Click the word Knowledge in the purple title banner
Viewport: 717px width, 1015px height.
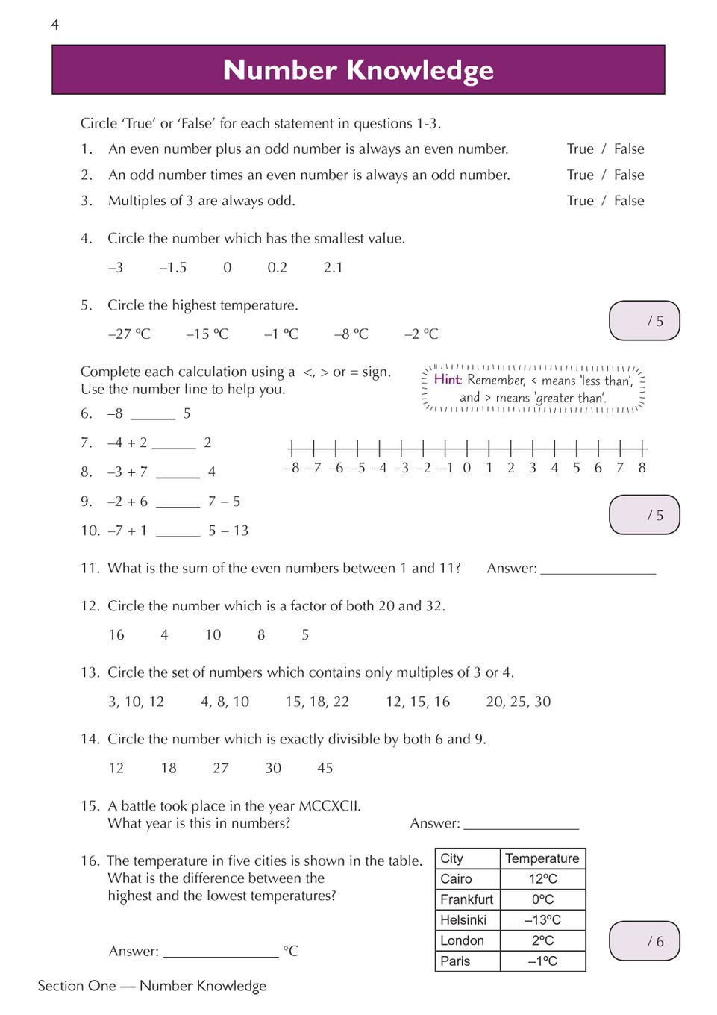click(420, 70)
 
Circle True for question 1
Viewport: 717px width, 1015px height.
click(580, 149)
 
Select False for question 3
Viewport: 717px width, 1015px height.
click(629, 201)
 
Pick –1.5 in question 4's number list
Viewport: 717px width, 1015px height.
click(173, 267)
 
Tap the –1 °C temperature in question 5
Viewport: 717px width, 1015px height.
click(281, 334)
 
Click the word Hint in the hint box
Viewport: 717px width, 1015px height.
click(447, 379)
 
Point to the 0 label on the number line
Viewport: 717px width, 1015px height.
click(467, 468)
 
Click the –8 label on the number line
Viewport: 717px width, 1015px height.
click(292, 468)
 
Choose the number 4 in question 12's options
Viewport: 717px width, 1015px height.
click(164, 634)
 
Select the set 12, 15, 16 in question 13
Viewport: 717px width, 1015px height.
click(418, 702)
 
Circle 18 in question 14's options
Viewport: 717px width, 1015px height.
click(169, 768)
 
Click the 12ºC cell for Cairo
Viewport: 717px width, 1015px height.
click(542, 879)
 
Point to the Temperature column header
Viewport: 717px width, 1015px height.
click(542, 858)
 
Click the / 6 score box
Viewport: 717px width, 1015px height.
click(645, 941)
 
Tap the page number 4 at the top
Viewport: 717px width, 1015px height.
click(54, 25)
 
